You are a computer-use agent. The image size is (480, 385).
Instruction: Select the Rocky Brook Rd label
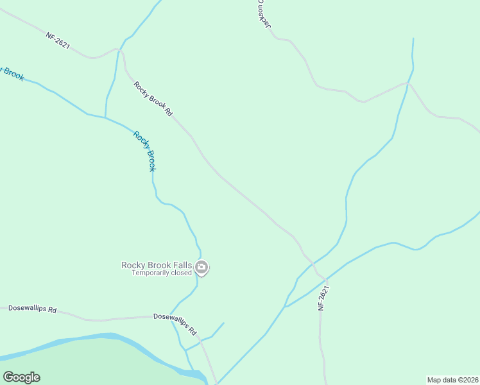coord(153,99)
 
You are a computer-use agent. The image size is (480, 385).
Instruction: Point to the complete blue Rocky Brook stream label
coord(144,151)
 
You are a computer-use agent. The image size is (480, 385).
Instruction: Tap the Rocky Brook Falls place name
coord(157,265)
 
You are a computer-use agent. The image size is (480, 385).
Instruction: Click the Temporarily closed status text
coord(162,273)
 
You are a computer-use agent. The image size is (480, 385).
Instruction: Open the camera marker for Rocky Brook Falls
coord(201,268)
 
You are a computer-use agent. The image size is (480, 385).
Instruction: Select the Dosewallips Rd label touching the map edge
coord(32,309)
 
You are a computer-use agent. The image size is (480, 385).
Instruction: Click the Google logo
coord(21,377)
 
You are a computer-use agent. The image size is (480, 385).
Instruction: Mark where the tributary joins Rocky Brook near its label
coord(105,117)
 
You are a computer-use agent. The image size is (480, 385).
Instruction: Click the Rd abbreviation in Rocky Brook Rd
coord(168,112)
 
